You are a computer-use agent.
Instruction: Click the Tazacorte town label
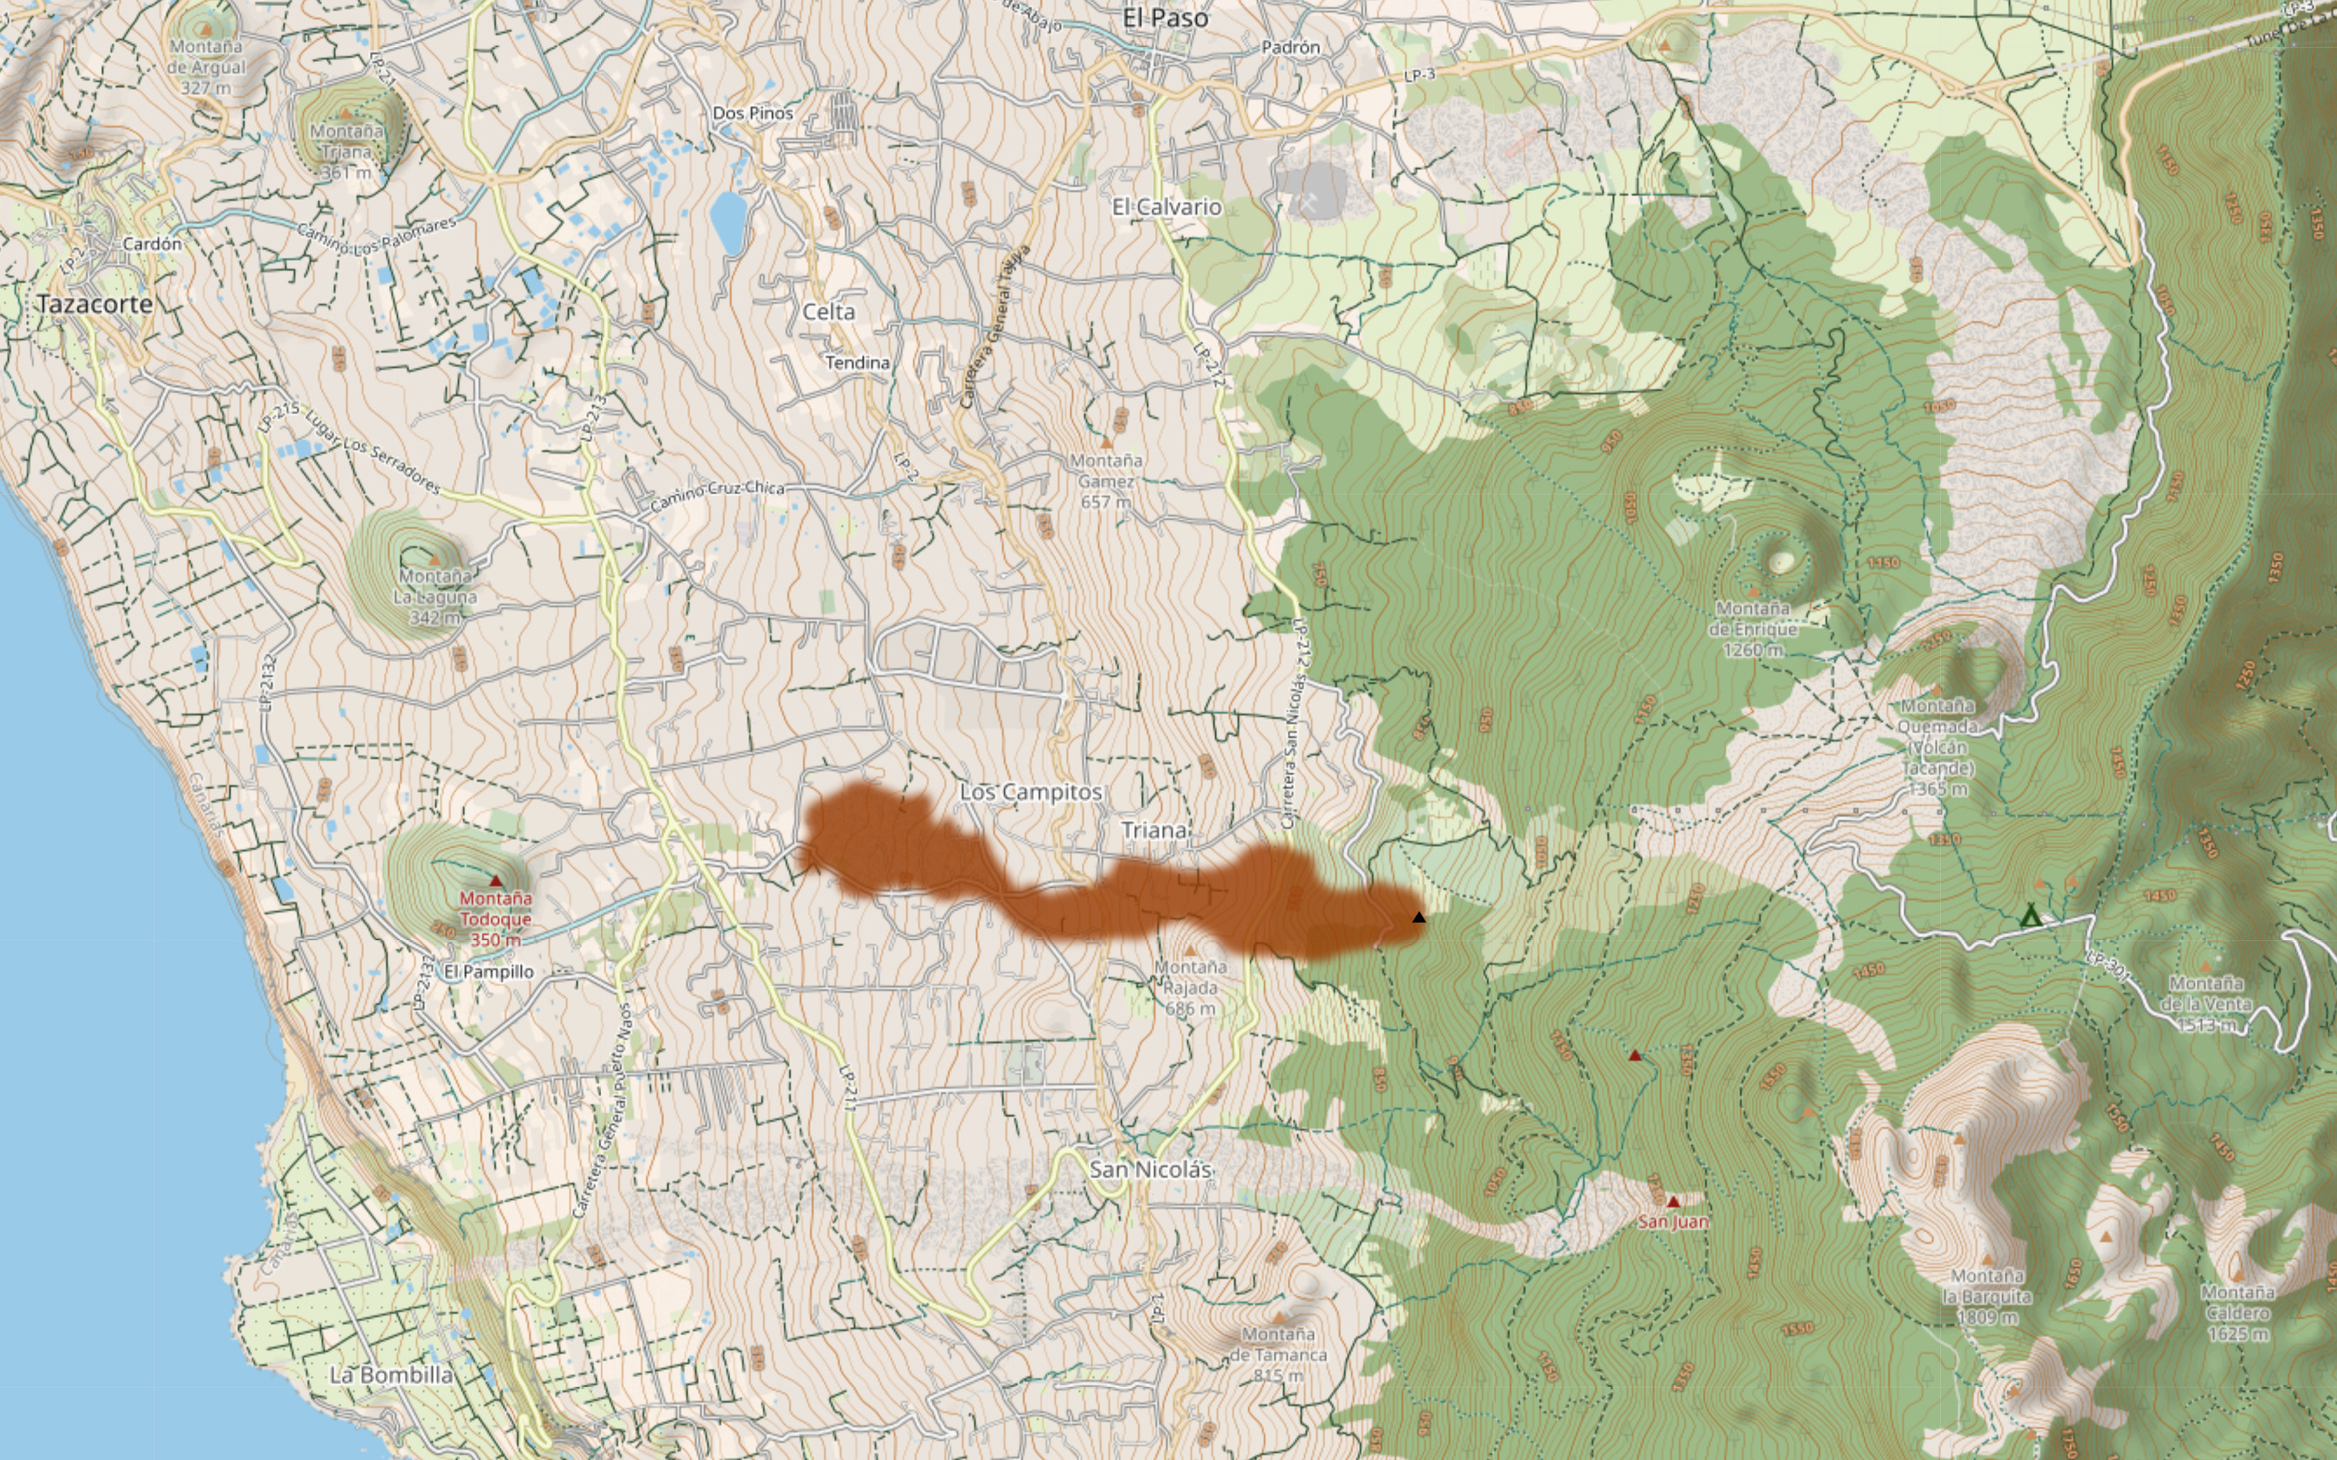point(94,304)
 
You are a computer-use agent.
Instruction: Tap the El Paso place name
point(1165,17)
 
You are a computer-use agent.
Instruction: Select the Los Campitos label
point(1030,792)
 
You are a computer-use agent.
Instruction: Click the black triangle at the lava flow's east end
point(1418,918)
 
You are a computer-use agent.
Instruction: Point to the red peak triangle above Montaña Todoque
point(495,881)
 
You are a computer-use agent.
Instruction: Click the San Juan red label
point(1672,1222)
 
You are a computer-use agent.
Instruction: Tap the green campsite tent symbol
point(2030,916)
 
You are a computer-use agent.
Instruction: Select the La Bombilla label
point(391,1375)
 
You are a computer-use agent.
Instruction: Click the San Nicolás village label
point(1149,1170)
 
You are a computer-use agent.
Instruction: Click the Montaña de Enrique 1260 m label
point(1752,629)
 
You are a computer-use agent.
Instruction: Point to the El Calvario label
point(1166,207)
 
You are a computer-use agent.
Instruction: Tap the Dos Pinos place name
point(752,113)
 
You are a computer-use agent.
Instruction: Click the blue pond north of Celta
point(728,222)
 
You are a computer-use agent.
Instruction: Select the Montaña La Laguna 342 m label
point(434,596)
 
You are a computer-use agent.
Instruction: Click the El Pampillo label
point(489,972)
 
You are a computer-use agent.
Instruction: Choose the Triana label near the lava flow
point(1154,830)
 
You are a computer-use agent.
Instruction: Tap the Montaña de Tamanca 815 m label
point(1278,1354)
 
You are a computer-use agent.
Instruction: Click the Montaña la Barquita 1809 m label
point(1986,1296)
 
